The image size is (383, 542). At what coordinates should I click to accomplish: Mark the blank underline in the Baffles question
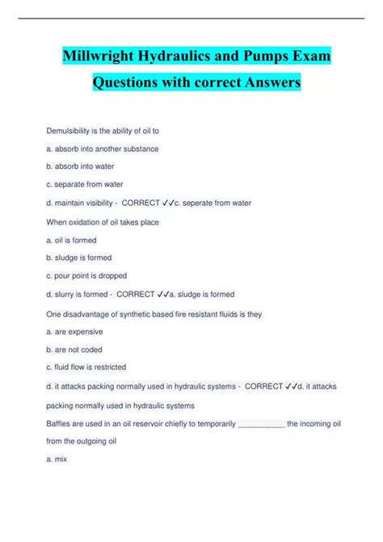tap(263, 423)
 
